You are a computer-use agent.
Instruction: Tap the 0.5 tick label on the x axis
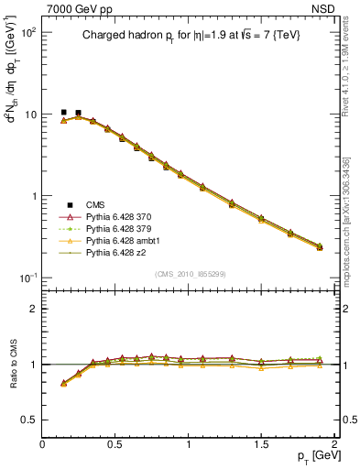115,444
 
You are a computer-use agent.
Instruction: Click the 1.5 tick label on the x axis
261,444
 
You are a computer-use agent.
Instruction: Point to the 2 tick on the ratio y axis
34,309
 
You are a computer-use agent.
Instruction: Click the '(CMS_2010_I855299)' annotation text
189,274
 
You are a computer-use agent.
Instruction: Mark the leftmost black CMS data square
63,113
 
